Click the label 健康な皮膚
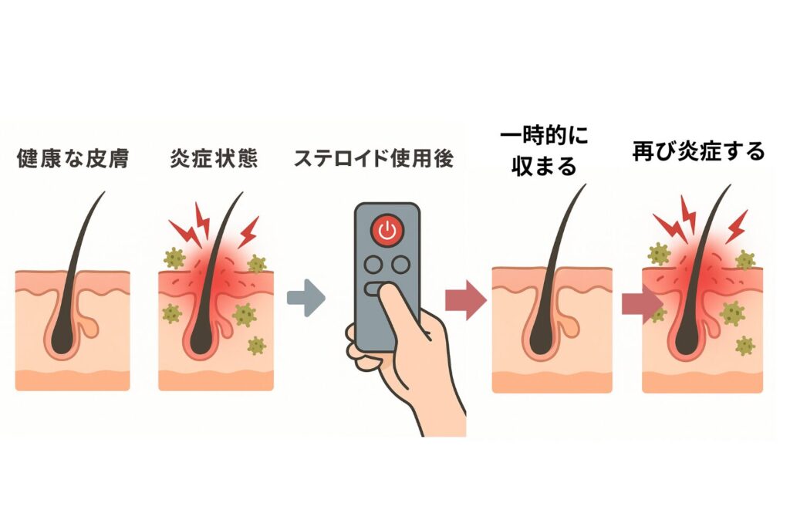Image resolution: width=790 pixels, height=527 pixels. (x=73, y=160)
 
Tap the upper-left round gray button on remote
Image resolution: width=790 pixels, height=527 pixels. (x=374, y=264)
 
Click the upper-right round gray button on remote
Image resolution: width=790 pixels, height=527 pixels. (x=399, y=264)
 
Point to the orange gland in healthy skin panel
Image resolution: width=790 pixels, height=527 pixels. (x=89, y=329)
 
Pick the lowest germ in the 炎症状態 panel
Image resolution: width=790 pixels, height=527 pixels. (x=255, y=345)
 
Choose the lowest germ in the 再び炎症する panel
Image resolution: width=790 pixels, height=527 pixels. (x=744, y=345)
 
